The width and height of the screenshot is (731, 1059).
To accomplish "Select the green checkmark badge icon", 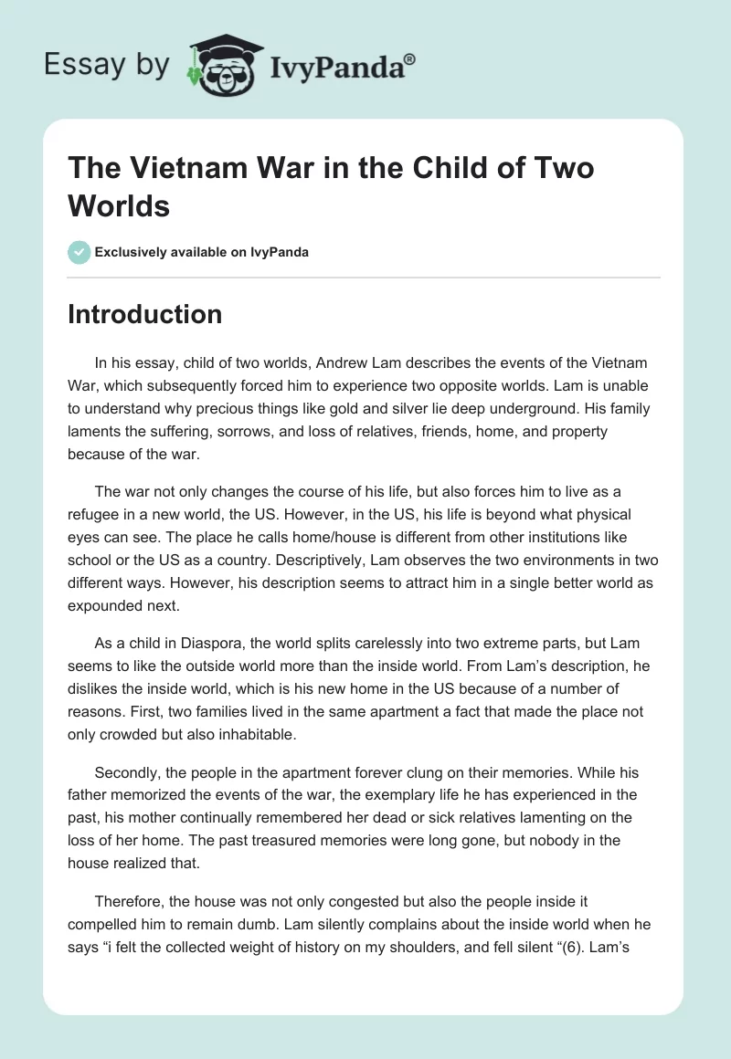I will (79, 252).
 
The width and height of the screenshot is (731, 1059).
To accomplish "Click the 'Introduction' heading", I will (144, 314).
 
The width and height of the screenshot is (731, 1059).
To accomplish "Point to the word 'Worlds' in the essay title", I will (119, 206).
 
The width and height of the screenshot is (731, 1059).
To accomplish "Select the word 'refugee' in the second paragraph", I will (97, 515).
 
